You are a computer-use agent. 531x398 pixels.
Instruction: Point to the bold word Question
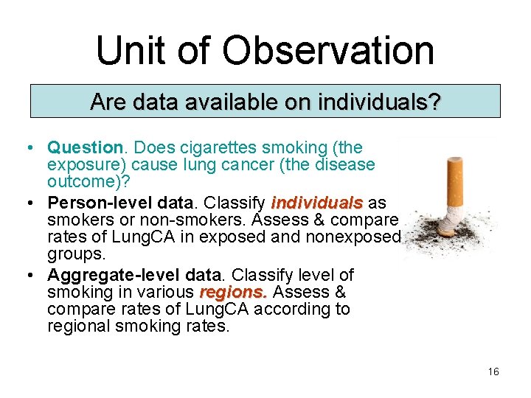pyautogui.click(x=83, y=147)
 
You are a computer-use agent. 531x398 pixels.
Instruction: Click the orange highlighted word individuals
pyautogui.click(x=317, y=203)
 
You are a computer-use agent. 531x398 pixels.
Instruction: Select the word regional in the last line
pyautogui.click(x=76, y=325)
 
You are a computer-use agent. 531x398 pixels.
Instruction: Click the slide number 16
pyautogui.click(x=493, y=371)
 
